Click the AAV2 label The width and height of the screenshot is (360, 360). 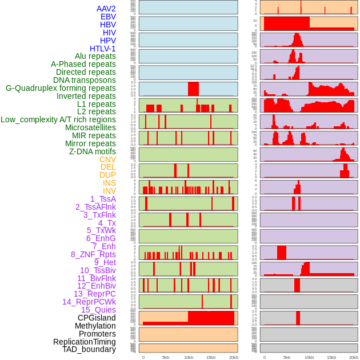point(106,9)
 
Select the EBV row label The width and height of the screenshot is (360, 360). point(108,17)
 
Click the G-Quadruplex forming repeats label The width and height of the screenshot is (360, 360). point(61,88)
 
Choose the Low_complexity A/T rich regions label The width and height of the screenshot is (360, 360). point(58,119)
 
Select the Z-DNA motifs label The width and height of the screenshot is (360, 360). point(92,151)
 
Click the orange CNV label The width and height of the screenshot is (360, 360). point(107,159)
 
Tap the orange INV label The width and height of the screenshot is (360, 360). point(109,191)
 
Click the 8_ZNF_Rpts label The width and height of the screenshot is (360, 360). point(93,254)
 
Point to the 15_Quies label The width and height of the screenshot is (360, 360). point(98,310)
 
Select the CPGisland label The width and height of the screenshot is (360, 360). point(97,318)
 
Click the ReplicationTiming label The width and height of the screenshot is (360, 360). point(84,342)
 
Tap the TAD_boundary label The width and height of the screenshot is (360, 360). point(89,349)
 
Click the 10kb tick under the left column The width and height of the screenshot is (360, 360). point(188,357)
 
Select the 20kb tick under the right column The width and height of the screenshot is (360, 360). point(354,357)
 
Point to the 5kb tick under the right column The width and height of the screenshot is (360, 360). point(286,357)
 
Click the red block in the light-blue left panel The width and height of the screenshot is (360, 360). point(193,89)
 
